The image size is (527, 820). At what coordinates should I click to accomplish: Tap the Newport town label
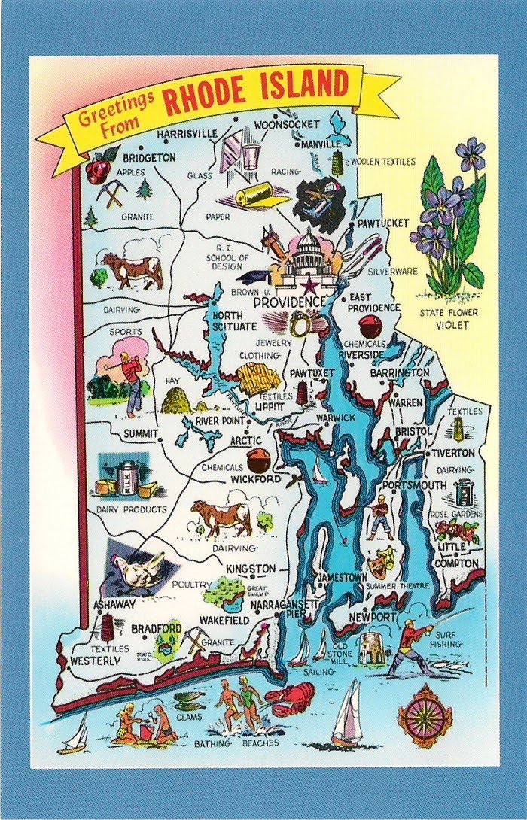(x=373, y=618)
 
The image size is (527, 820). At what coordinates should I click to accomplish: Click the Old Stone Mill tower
(x=372, y=647)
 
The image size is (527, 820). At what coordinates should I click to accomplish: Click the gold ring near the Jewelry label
(x=300, y=326)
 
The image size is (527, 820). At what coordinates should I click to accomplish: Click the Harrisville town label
(x=187, y=134)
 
